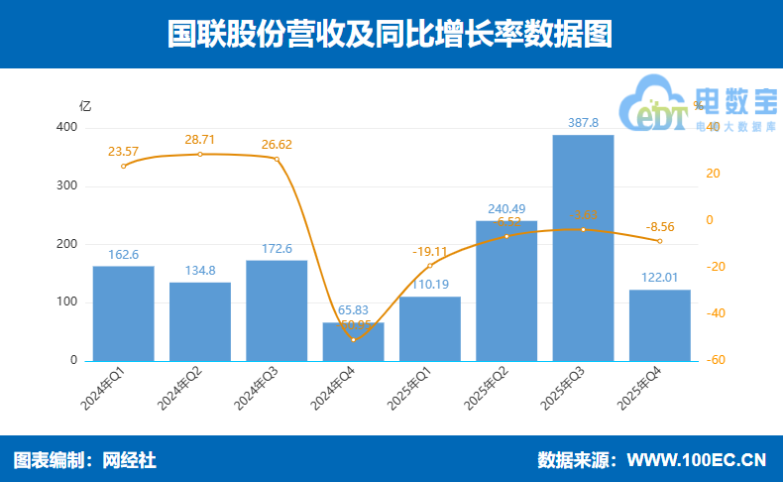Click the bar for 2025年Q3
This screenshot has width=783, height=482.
[583, 248]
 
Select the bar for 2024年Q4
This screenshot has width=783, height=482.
[353, 342]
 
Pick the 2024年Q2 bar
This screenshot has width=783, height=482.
[200, 321]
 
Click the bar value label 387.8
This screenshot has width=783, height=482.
[583, 123]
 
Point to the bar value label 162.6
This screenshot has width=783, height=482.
[123, 255]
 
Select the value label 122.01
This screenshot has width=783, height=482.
[659, 279]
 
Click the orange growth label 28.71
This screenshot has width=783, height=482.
[200, 140]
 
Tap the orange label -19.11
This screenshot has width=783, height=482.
[430, 252]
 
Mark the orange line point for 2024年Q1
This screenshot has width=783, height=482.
[123, 166]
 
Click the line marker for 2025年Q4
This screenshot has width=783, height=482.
[660, 241]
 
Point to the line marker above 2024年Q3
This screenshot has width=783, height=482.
[277, 159]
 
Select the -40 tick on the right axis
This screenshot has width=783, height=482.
[713, 313]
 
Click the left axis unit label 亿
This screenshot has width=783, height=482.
[85, 105]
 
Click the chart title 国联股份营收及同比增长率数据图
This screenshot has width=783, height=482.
[391, 34]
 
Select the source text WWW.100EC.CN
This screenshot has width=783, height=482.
[697, 460]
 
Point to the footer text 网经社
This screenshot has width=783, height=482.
[131, 460]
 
